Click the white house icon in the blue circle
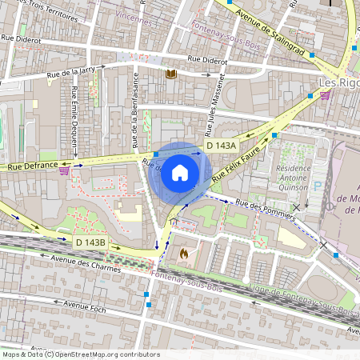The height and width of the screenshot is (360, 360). pyautogui.click(x=180, y=172)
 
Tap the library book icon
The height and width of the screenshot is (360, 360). pyautogui.click(x=170, y=74)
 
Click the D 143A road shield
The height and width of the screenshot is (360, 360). pyautogui.click(x=221, y=146)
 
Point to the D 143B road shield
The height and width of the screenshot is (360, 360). pyautogui.click(x=91, y=242)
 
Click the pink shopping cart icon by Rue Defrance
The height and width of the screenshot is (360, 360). pyautogui.click(x=63, y=170)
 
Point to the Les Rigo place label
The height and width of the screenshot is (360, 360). pyautogui.click(x=338, y=82)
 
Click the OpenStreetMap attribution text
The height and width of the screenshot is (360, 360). pyautogui.click(x=80, y=354)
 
